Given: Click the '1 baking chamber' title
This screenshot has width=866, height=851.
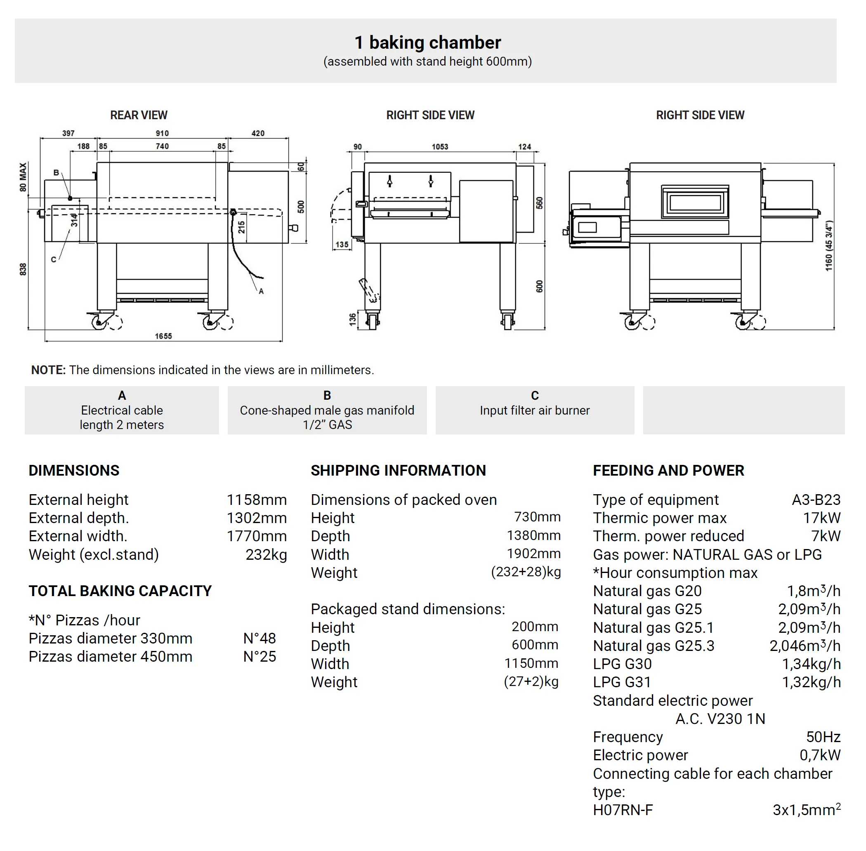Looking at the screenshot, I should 427,43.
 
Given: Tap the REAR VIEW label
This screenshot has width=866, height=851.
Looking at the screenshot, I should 139,116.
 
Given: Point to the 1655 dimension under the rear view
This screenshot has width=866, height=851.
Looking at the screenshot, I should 163,336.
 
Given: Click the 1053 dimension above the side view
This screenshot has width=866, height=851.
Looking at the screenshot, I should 439,146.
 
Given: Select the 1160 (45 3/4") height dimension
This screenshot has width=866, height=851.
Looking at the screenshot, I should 828,246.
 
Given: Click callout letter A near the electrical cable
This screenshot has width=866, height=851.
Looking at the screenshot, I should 261,291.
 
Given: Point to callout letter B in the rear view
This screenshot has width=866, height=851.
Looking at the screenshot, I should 56,172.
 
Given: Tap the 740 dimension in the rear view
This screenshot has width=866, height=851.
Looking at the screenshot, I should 162,146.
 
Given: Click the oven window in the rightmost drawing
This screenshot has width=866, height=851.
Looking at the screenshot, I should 695,203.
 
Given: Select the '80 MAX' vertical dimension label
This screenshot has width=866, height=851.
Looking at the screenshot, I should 23,177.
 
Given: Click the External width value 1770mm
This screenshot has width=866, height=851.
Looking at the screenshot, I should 256,536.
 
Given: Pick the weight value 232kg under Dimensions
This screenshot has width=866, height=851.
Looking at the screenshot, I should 266,554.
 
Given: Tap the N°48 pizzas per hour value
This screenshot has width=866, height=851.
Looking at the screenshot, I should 260,638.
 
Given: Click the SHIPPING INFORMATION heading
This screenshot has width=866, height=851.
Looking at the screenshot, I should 398,471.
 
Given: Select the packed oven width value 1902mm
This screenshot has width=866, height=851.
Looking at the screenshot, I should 533,554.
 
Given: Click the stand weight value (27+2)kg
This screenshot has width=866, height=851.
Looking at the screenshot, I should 531,681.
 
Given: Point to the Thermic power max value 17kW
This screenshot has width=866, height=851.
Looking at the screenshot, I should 821,518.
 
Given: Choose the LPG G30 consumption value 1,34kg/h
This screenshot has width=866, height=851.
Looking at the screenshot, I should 811,664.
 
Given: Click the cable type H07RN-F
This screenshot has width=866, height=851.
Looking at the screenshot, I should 623,810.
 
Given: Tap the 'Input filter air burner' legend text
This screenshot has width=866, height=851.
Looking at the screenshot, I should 535,410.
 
